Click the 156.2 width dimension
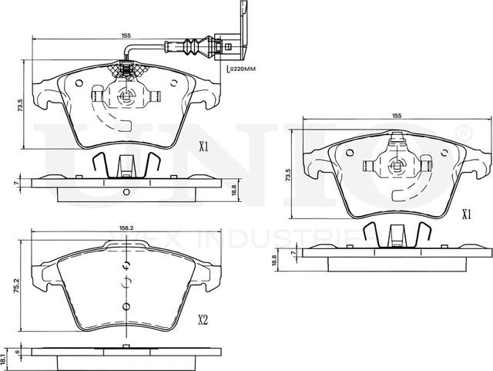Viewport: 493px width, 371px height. coord(127,228)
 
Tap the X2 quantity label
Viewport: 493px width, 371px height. coord(203,320)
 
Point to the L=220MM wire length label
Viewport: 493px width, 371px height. coord(242,69)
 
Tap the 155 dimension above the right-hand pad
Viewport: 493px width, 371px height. coord(397,116)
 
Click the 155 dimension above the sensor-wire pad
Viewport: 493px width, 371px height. coord(125,35)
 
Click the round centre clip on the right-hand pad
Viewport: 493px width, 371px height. coord(397,163)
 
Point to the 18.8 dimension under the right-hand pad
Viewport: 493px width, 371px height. coord(273,261)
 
